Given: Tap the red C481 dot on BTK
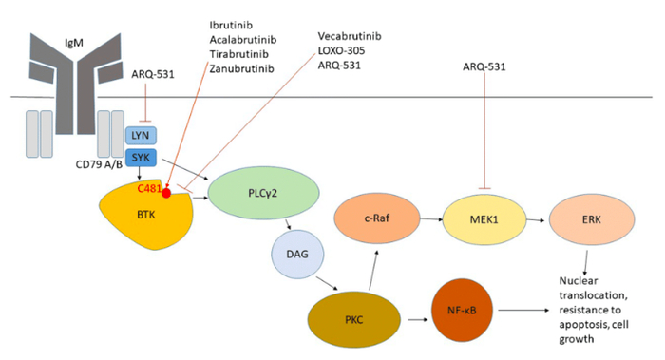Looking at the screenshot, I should pyautogui.click(x=167, y=194).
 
